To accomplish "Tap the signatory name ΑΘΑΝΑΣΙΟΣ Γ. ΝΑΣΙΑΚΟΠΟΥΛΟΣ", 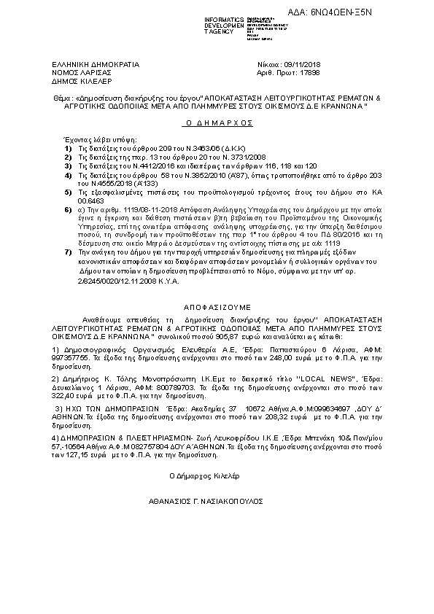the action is point(201,502).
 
